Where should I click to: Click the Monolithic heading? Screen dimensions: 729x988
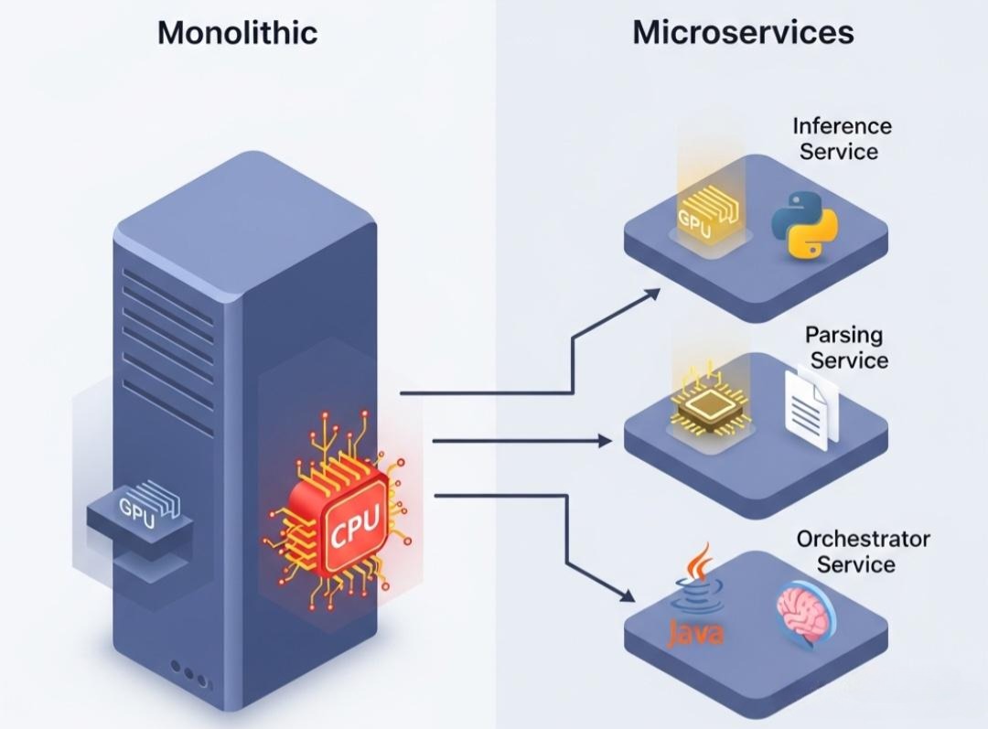click(237, 33)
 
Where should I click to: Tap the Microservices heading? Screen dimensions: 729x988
click(743, 33)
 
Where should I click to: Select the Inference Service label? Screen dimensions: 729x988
click(842, 138)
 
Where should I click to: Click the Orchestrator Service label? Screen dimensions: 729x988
click(862, 551)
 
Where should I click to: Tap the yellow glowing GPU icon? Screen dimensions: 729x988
click(704, 216)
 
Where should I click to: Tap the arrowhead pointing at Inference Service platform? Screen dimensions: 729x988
click(651, 293)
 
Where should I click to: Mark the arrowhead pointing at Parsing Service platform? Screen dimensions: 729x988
click(606, 441)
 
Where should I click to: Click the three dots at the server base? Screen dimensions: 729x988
click(189, 675)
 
